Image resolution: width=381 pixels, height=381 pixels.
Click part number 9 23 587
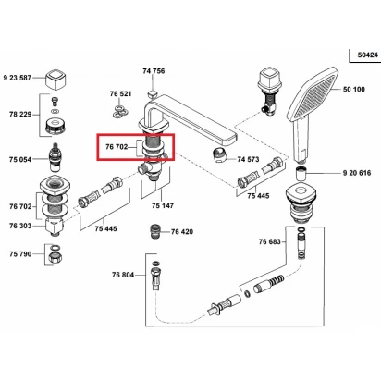pos(18,78)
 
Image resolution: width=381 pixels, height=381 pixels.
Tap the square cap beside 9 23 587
pos(55,79)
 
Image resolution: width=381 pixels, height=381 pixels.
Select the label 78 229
pos(20,115)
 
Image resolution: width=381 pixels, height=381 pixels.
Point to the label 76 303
pos(20,226)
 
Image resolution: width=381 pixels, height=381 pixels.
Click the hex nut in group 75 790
pos(55,256)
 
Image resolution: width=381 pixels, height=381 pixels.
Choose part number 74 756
pos(154,71)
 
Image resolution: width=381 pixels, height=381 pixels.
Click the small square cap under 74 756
pos(153,93)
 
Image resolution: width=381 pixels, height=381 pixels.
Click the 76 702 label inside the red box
pos(117,147)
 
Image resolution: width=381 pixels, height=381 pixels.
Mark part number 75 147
pos(163,205)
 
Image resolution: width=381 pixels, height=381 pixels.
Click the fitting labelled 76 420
pos(154,231)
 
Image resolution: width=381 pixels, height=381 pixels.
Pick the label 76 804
pos(123,275)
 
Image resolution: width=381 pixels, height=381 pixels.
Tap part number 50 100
pos(354,90)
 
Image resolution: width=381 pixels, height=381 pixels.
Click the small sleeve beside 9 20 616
pos(301,174)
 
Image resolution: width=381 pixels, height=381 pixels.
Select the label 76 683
pos(270,241)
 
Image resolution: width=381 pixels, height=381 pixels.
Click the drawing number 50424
pos(368,55)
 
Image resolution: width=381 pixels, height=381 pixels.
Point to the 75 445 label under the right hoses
pos(258,196)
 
